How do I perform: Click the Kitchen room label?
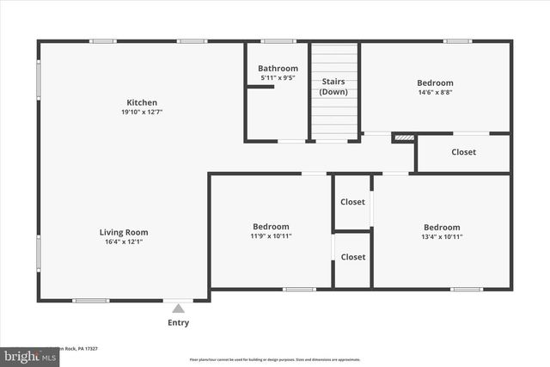142,102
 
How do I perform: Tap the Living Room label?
124,232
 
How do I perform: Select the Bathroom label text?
278,69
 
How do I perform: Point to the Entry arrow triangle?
178,308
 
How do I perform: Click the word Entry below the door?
178,323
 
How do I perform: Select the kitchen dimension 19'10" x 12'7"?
142,113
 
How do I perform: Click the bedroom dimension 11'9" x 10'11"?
270,236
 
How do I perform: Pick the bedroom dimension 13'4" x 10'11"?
442,236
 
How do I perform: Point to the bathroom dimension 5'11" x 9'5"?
278,79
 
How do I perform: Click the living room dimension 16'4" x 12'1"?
124,242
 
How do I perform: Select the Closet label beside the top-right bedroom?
463,152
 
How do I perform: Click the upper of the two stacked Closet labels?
352,203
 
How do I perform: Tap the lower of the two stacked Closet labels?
352,257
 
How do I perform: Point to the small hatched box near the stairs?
403,137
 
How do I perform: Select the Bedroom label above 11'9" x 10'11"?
270,227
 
